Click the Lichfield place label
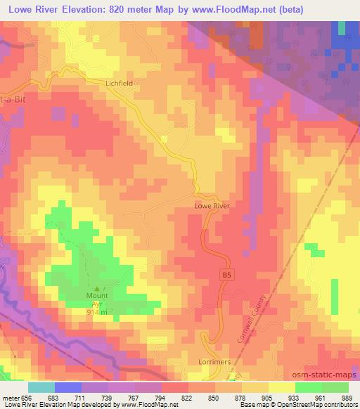[x=119, y=82]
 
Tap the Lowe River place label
[x=212, y=207]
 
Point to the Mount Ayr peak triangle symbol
[x=97, y=288]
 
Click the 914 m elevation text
[x=97, y=312]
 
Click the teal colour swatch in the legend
[x=41, y=387]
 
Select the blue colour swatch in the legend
[x=67, y=387]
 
